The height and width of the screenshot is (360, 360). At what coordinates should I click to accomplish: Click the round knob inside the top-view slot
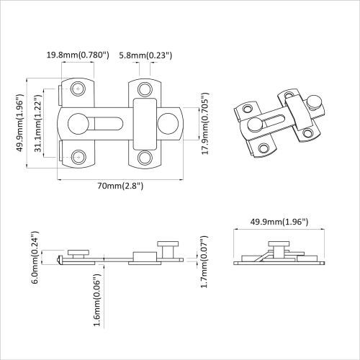click(76, 122)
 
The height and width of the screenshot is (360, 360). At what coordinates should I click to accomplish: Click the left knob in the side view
click(78, 252)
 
